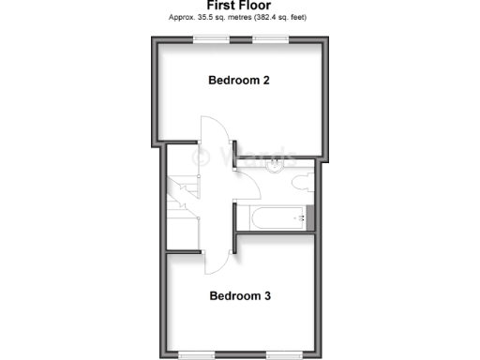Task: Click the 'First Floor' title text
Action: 238,5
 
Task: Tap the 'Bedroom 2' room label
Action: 239,81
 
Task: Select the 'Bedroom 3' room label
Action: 239,296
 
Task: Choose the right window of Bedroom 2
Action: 270,38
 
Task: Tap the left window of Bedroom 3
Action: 198,355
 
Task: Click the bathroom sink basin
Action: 275,167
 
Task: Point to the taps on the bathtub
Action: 302,218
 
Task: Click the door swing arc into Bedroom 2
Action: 212,131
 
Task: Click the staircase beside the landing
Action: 183,197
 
